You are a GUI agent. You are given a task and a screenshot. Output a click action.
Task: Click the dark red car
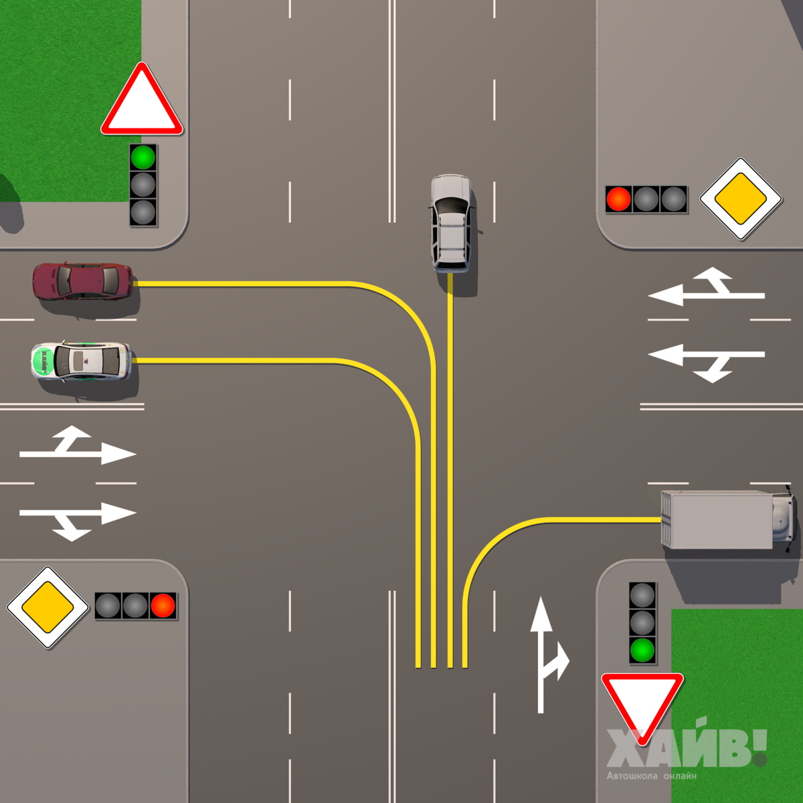coord(82,281)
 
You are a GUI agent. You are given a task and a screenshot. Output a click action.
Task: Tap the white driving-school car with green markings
coord(81,361)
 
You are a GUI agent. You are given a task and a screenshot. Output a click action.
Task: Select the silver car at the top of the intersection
coord(451,223)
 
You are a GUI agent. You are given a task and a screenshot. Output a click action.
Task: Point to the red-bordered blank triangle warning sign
coord(142,102)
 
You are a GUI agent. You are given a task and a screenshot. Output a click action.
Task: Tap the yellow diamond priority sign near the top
coord(741,199)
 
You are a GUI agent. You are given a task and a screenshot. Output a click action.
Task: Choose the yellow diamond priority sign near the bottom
coord(48,608)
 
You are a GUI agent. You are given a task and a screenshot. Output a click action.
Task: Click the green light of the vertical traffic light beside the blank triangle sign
coord(143,158)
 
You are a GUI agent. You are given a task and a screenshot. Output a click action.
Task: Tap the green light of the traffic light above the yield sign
coord(642,649)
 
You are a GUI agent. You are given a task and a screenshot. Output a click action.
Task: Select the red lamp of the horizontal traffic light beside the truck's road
coord(618,199)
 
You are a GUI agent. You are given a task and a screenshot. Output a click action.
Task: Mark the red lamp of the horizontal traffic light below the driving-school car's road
coord(163,606)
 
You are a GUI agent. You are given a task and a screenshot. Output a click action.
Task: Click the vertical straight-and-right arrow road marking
coord(545,656)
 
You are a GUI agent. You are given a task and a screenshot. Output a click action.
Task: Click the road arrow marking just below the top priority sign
coord(706,288)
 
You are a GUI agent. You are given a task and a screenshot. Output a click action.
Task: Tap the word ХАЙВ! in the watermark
coord(686,748)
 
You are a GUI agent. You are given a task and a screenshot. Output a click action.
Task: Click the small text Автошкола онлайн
coord(651,776)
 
